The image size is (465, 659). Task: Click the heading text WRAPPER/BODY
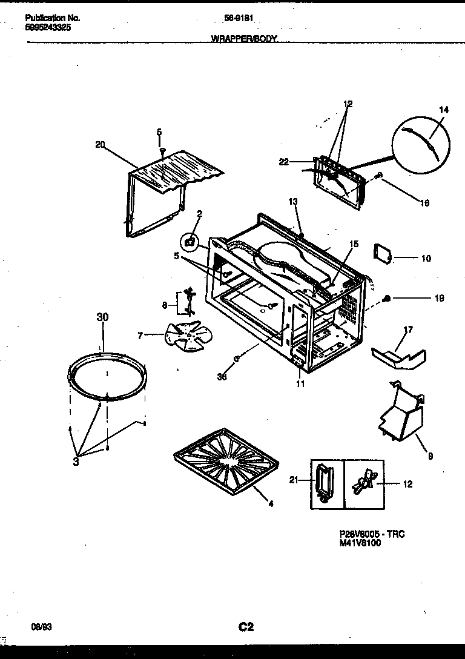pyautogui.click(x=243, y=38)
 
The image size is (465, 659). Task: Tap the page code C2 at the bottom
pyautogui.click(x=245, y=627)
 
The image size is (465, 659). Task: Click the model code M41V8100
pyautogui.click(x=360, y=543)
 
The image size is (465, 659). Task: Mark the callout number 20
pyautogui.click(x=101, y=144)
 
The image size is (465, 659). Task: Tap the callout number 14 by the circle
pyautogui.click(x=444, y=110)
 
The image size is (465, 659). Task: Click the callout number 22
pyautogui.click(x=284, y=161)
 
